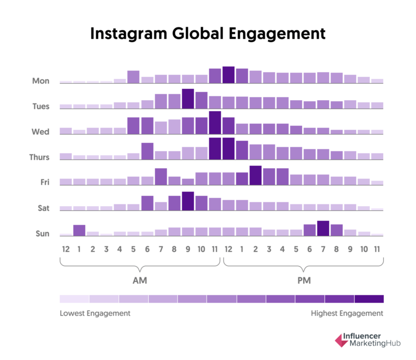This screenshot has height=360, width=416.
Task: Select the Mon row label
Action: point(41,81)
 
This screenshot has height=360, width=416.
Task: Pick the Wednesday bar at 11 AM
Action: point(215,123)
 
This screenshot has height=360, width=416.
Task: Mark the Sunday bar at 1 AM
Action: point(79,231)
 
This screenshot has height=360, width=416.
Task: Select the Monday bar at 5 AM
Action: point(133,77)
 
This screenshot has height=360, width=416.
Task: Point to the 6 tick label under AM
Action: point(147,249)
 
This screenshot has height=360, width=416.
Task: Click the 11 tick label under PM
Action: point(377,249)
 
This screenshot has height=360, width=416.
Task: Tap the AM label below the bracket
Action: point(139,280)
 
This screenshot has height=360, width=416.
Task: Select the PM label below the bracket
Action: point(303,280)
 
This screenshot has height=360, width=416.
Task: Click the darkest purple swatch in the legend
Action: point(369,299)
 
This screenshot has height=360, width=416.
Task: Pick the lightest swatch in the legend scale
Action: point(74,299)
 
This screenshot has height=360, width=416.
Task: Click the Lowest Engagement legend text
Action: point(95,313)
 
